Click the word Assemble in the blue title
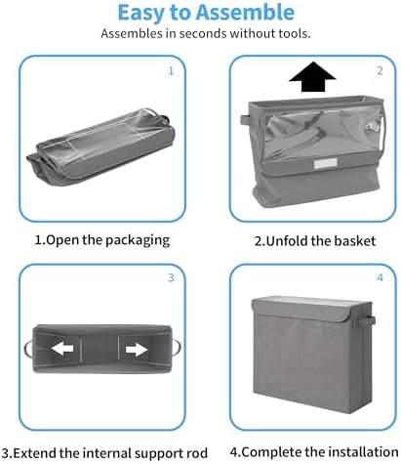click(245, 13)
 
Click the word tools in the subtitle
click(294, 33)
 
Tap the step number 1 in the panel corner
click(171, 70)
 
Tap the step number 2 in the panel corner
click(380, 70)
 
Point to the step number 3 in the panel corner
click(171, 277)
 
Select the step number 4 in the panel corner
click(380, 277)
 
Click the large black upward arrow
click(312, 77)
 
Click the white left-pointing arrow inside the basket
click(62, 349)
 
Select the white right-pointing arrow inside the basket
click(137, 350)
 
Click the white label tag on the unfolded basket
click(326, 163)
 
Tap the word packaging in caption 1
click(138, 240)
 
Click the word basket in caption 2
click(355, 241)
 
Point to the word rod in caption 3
click(196, 453)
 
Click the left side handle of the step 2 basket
click(245, 120)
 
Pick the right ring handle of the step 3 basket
click(178, 348)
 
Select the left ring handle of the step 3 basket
click(26, 349)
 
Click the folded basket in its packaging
click(100, 148)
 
